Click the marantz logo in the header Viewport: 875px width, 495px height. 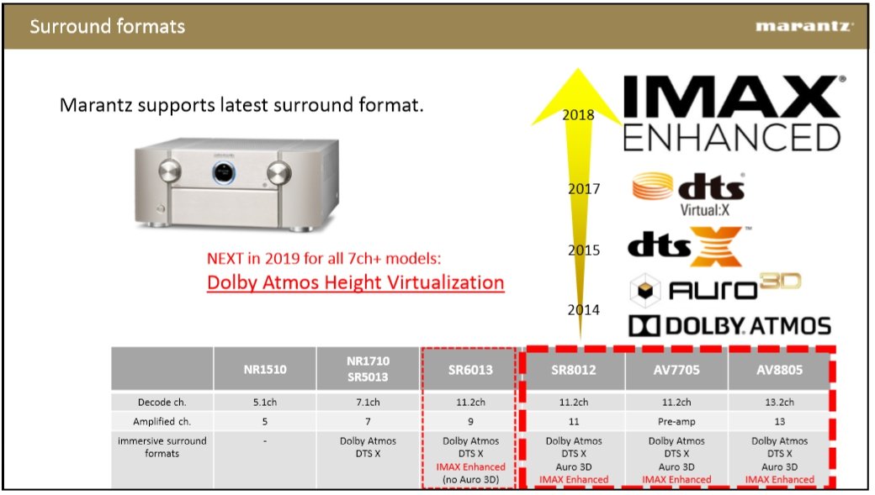[804, 26]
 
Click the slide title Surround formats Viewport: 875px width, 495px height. [107, 26]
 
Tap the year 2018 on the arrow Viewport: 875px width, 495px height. [578, 115]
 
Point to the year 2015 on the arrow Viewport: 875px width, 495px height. [584, 250]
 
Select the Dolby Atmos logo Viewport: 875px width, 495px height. [730, 326]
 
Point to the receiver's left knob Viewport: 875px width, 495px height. [170, 171]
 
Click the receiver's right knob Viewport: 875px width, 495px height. [278, 173]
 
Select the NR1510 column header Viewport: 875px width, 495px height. [265, 369]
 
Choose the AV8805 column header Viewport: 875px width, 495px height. [780, 370]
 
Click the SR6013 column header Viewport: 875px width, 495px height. [470, 370]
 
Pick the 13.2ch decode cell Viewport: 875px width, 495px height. [780, 402]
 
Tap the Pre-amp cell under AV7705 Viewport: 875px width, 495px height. [676, 421]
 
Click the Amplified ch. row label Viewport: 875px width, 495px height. [162, 421]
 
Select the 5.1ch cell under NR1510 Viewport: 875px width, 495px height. [265, 402]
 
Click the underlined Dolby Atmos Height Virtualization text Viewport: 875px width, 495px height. [355, 282]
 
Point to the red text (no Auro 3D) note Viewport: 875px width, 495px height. [470, 479]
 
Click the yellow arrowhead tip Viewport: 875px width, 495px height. [578, 69]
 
